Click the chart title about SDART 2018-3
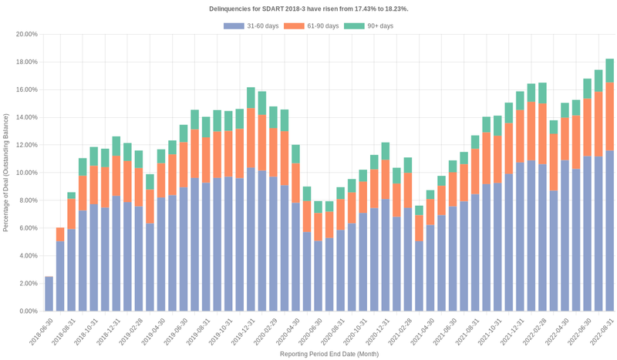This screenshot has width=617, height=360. click(x=308, y=8)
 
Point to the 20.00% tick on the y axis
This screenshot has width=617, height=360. click(x=27, y=35)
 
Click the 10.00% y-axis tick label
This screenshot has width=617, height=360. click(x=27, y=173)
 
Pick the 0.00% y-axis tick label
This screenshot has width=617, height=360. click(x=29, y=311)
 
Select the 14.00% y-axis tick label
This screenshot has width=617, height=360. click(x=27, y=117)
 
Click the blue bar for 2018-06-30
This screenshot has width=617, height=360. click(x=49, y=294)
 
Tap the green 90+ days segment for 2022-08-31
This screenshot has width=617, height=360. click(x=609, y=71)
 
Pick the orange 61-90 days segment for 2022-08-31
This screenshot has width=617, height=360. click(x=609, y=116)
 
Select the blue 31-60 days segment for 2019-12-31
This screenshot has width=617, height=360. click(x=251, y=239)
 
